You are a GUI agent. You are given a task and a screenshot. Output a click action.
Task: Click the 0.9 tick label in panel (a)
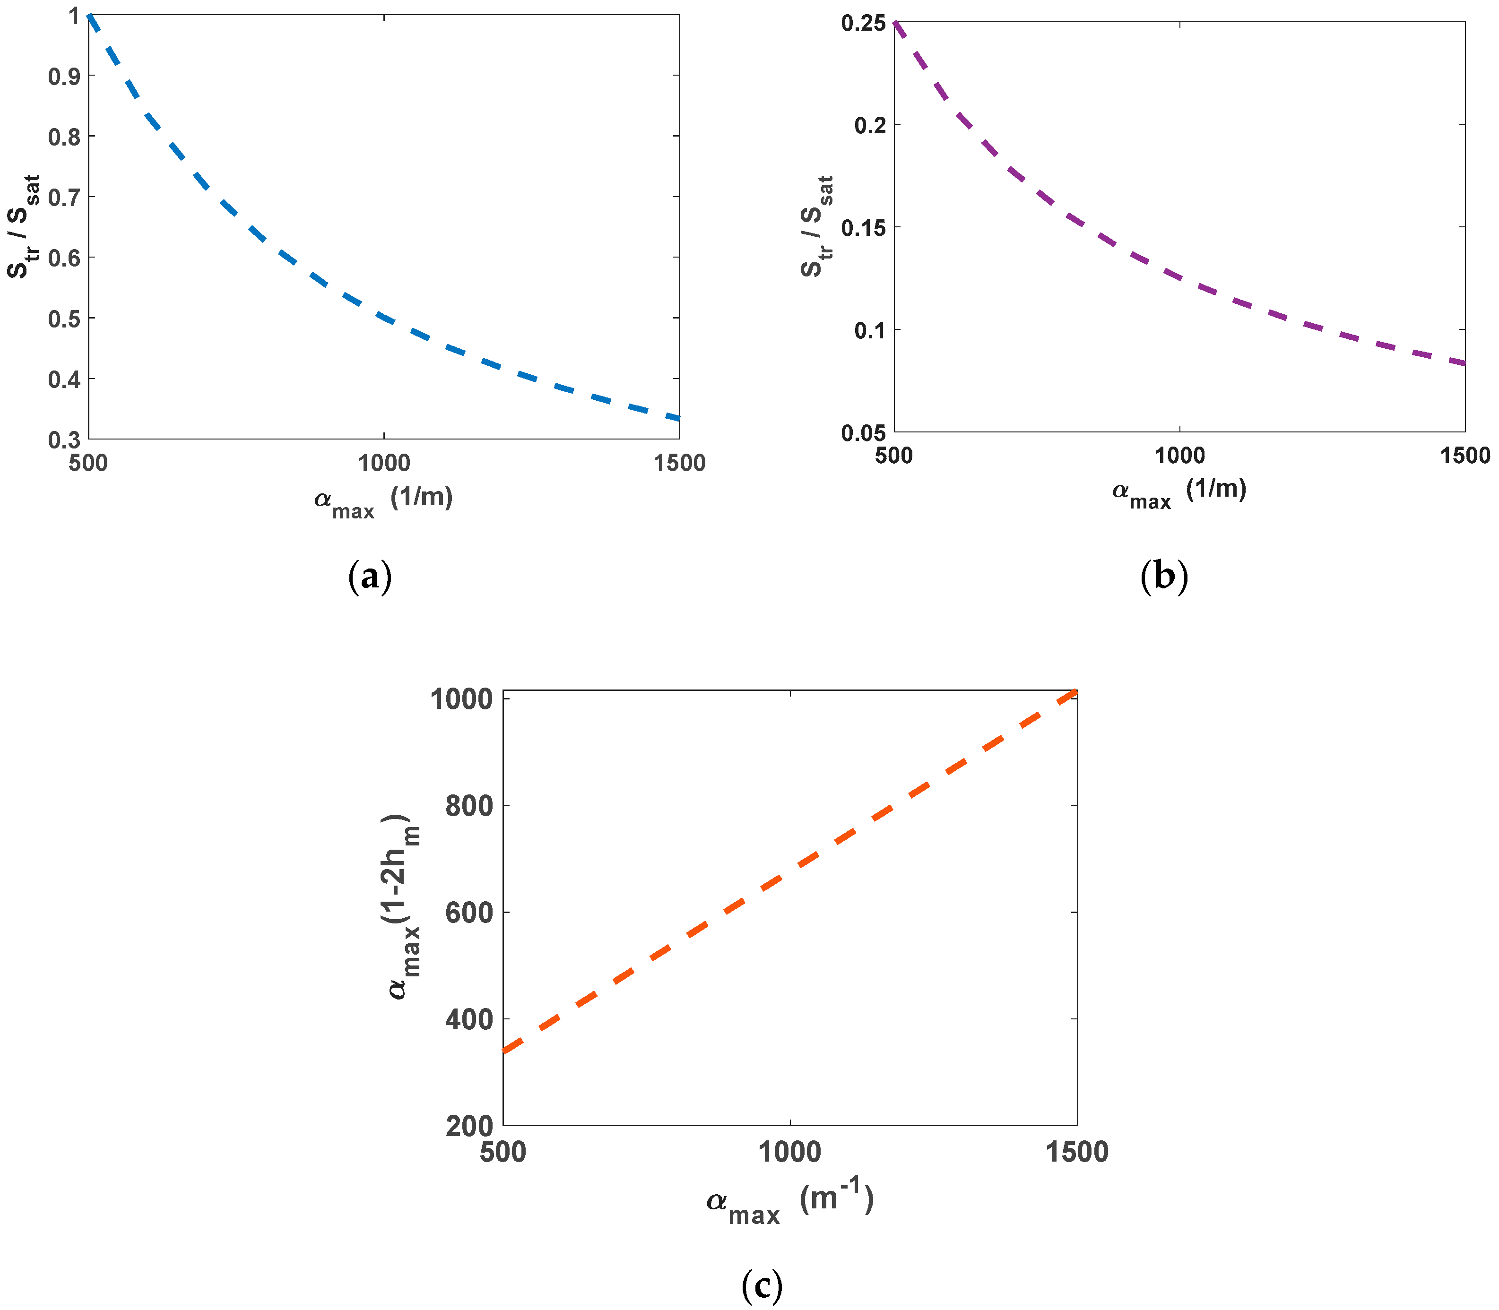[x=64, y=76]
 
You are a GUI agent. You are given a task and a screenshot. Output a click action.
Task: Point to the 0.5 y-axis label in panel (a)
[x=64, y=319]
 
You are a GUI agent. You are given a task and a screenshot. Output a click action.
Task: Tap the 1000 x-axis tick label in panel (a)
[x=384, y=463]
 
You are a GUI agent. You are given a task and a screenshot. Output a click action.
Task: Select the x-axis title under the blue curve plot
[x=383, y=501]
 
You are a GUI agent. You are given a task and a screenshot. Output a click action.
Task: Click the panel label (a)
[x=370, y=577]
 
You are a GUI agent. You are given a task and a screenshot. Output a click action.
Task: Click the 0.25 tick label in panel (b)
[x=864, y=24]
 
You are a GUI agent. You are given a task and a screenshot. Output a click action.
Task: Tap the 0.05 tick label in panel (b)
[x=864, y=433]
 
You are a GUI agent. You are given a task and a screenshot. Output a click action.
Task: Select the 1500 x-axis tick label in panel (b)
[x=1464, y=456]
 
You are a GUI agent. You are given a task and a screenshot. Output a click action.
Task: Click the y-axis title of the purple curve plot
[x=817, y=227]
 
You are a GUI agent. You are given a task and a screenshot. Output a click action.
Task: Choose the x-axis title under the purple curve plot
[x=1178, y=492]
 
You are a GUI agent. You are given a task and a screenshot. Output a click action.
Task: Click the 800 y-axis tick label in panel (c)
[x=469, y=806]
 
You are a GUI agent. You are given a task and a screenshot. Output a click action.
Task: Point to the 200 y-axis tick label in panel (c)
[x=469, y=1126]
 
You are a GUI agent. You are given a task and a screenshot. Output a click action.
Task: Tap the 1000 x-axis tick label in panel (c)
[x=790, y=1152]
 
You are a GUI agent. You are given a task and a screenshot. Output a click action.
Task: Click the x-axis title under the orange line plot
[x=790, y=1203]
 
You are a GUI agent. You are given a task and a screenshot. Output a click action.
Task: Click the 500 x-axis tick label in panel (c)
[x=503, y=1152]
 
